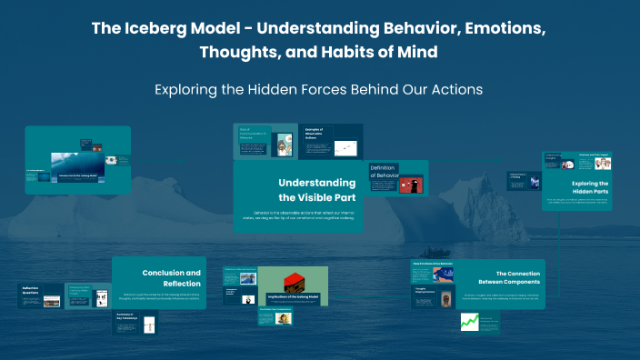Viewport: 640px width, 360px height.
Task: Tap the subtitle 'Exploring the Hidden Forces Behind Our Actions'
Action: pyautogui.click(x=319, y=90)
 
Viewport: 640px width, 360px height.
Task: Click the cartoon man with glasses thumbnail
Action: pyautogui.click(x=285, y=146)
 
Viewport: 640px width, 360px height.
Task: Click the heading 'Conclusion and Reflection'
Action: pyautogui.click(x=172, y=277)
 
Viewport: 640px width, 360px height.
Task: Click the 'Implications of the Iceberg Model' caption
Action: pyautogui.click(x=293, y=296)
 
